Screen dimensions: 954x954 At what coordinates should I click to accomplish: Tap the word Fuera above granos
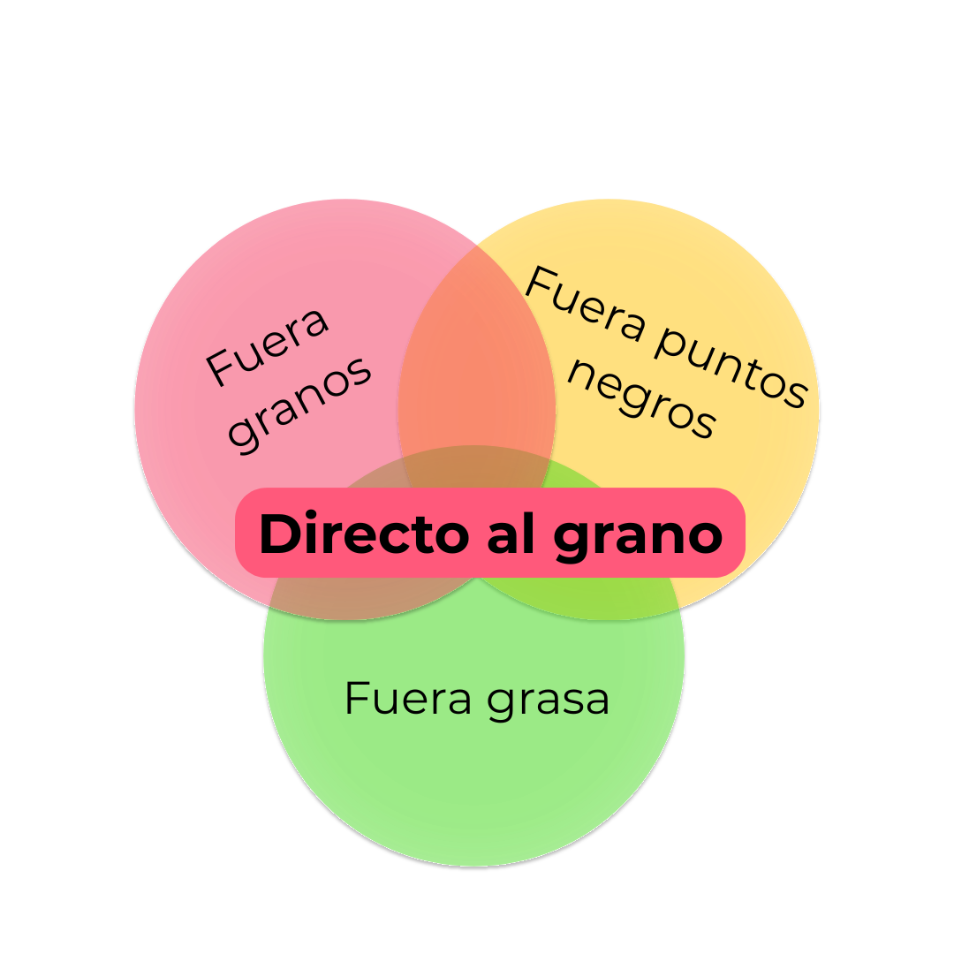(x=268, y=344)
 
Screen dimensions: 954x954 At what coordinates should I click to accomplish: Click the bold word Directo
(x=363, y=534)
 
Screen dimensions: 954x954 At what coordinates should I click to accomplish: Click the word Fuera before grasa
(x=408, y=699)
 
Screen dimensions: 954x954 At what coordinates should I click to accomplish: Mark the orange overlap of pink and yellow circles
(x=477, y=353)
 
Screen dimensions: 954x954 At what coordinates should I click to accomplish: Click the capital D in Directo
(x=276, y=534)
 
